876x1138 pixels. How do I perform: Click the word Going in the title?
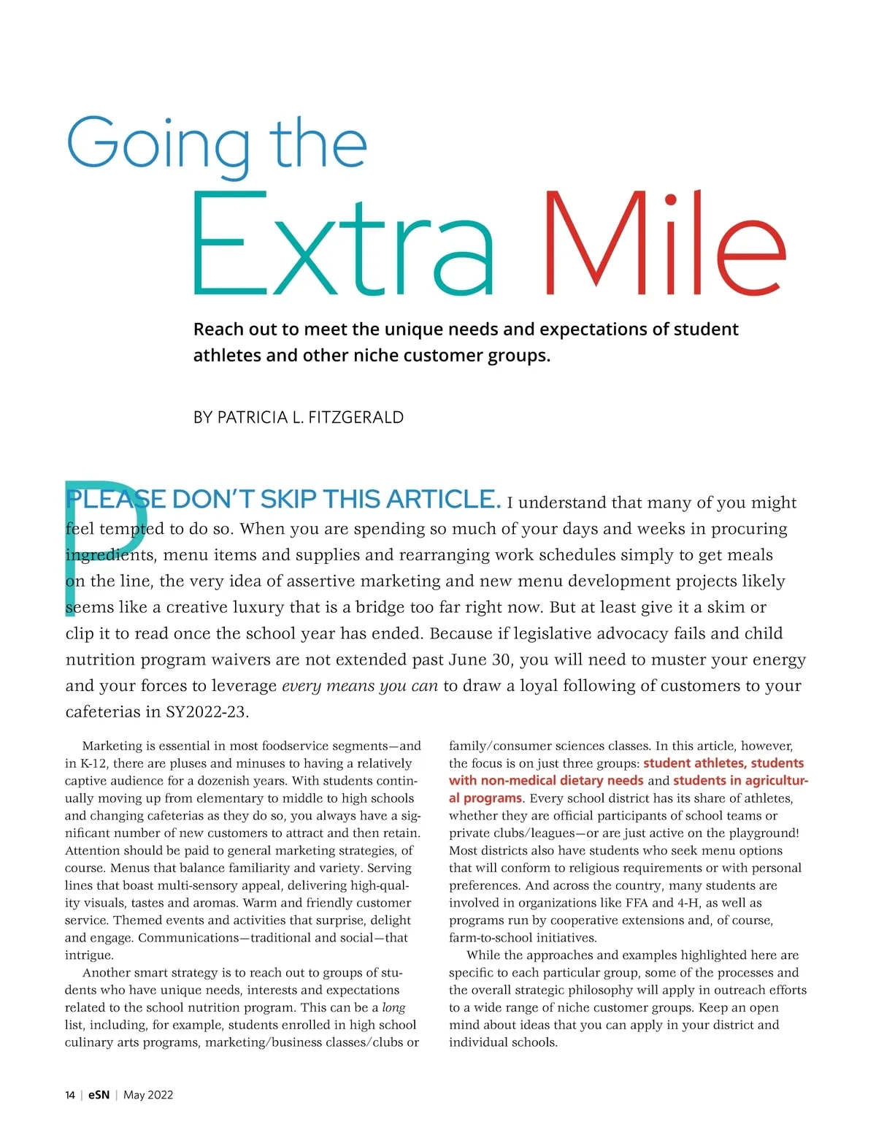click(x=158, y=145)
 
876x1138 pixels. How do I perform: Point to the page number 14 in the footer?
click(x=70, y=1095)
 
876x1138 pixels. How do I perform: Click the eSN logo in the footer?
click(x=99, y=1095)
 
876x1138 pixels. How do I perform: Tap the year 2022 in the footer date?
click(x=161, y=1095)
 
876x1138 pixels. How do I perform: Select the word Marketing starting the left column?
click(x=112, y=746)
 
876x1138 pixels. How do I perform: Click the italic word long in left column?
click(x=394, y=1007)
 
